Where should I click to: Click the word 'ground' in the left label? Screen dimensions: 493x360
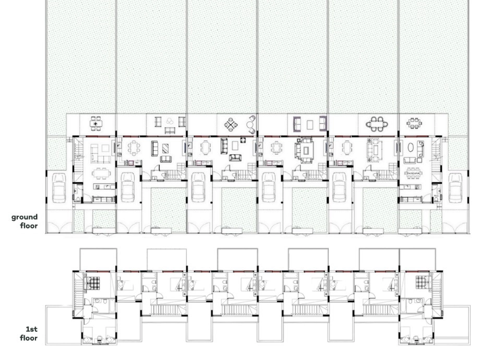coord(25,217)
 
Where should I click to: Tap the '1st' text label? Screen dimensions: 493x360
coord(31,329)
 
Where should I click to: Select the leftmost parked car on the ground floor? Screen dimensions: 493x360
coord(59,188)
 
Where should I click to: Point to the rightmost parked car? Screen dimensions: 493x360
coord(455,188)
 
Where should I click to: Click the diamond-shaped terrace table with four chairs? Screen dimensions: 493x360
coord(231,124)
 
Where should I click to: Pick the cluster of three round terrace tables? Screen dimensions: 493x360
coord(170,121)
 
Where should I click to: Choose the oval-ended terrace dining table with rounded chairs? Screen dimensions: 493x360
coord(377,124)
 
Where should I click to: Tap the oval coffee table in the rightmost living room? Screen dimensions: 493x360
coord(411,148)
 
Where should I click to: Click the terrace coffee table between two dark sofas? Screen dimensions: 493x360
coord(310,124)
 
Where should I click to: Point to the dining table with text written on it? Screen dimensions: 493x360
coord(413,173)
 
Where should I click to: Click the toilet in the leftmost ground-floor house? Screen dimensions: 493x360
coord(78,199)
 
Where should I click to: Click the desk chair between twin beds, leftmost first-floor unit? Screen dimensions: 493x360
coord(99,339)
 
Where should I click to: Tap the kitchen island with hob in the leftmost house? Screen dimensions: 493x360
coord(104,186)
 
